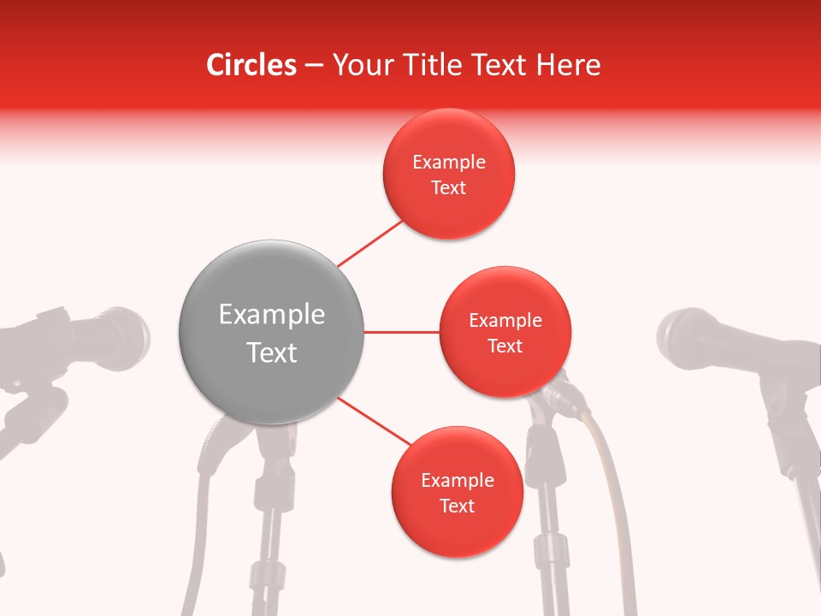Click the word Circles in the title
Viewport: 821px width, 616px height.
pos(251,65)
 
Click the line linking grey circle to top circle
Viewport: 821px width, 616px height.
pos(369,243)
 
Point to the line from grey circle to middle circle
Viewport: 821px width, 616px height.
pos(402,332)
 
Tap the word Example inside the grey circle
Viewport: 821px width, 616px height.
pos(271,315)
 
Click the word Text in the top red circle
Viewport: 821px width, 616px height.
pos(448,188)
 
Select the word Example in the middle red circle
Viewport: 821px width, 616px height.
pos(505,321)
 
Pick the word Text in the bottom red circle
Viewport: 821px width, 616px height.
pos(457,506)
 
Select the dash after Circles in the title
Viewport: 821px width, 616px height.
pos(314,66)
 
